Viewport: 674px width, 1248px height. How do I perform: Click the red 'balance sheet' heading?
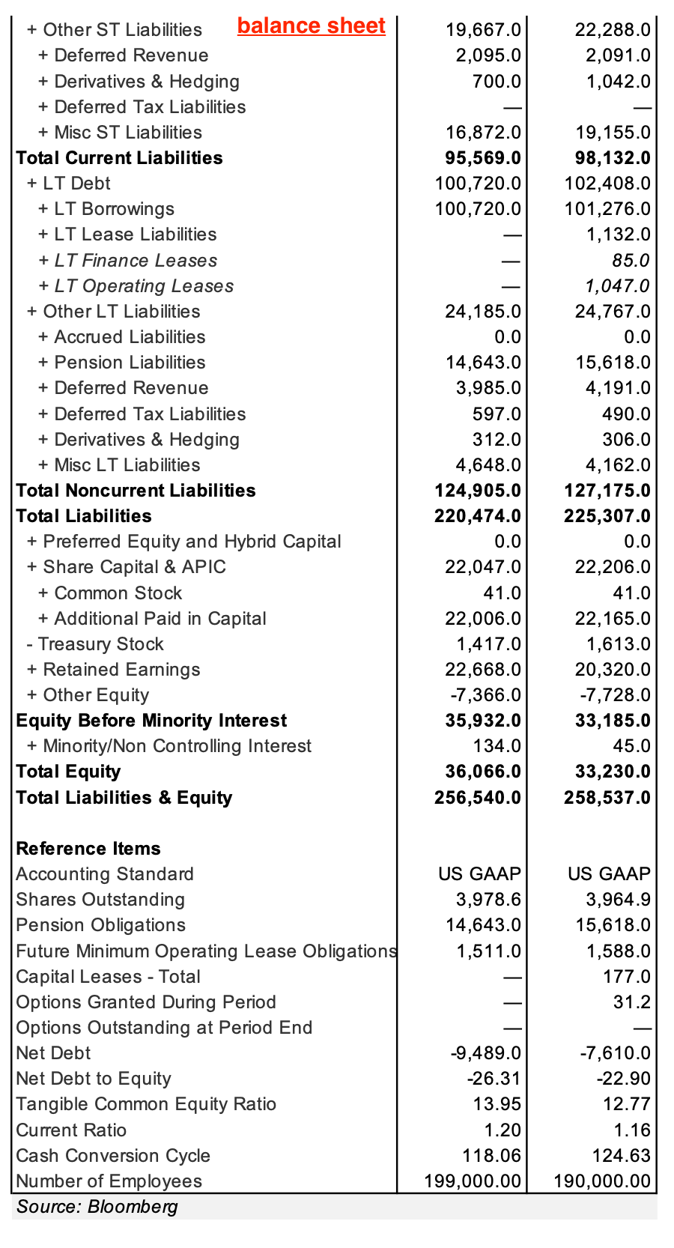point(311,26)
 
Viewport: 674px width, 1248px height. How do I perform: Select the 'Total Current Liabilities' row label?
point(119,158)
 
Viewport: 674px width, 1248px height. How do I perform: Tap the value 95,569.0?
point(477,158)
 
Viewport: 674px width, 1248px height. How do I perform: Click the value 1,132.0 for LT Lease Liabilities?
point(618,234)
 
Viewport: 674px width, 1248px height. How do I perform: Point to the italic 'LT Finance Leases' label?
point(136,261)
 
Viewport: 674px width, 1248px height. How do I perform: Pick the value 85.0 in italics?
point(631,261)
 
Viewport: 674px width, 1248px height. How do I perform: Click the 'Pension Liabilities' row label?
point(130,363)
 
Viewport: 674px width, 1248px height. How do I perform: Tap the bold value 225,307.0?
point(607,516)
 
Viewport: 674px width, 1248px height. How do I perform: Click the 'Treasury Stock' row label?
point(100,644)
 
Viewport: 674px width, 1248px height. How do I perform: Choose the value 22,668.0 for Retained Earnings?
point(482,670)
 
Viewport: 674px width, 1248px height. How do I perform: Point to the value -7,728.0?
point(615,695)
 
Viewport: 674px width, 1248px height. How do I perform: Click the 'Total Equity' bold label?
point(68,772)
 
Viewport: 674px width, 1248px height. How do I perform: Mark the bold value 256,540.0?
point(477,798)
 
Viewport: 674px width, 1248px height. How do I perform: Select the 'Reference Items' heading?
point(88,849)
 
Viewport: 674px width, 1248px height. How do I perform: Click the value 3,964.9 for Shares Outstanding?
point(618,900)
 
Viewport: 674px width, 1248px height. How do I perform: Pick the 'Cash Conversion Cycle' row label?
point(113,1156)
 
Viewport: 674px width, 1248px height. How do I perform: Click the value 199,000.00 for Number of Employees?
point(472,1181)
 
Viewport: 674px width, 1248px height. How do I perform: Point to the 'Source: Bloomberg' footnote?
point(97,1207)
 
